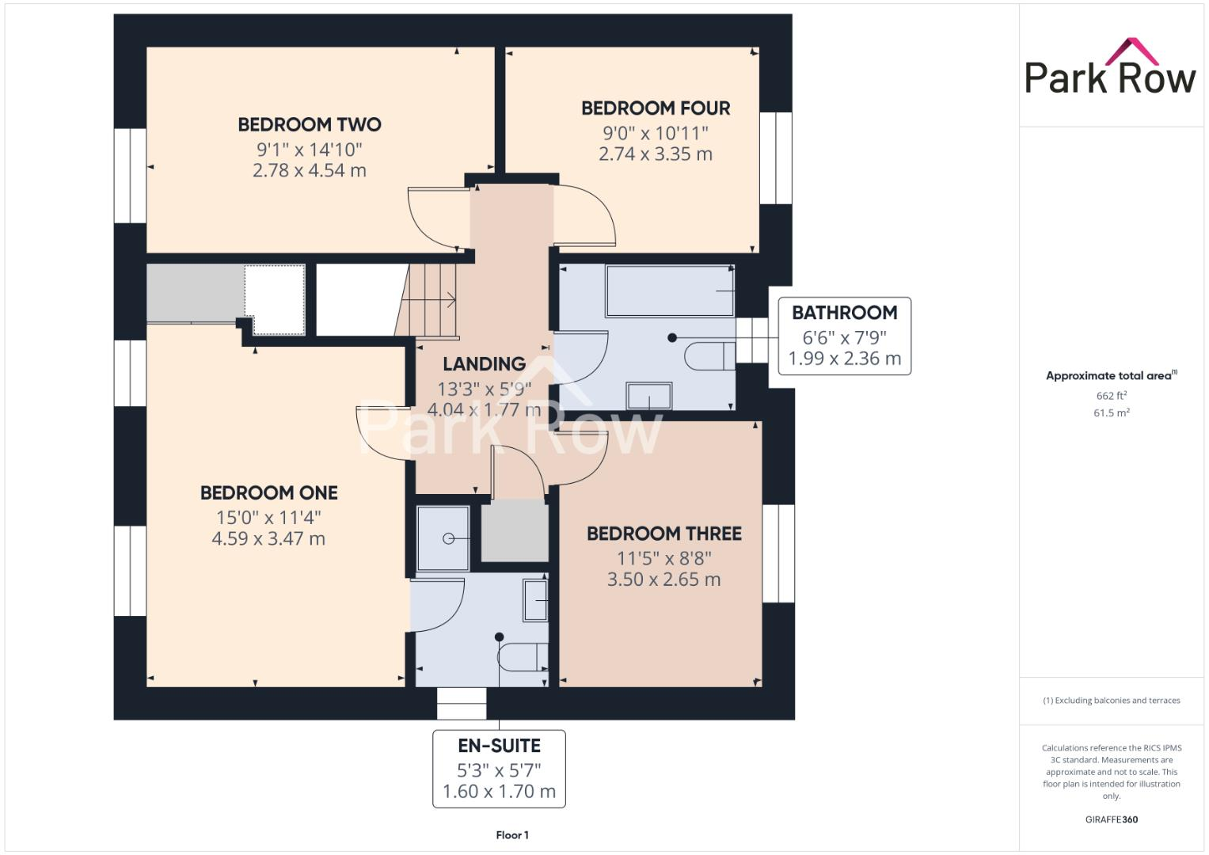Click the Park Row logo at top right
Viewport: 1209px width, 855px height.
click(1110, 67)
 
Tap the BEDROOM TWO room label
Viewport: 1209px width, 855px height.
click(309, 124)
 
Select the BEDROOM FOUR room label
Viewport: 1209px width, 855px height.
click(656, 108)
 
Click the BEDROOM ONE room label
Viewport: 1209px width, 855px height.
click(268, 493)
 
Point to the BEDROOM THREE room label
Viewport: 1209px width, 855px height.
click(663, 534)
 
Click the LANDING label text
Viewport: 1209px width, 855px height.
click(484, 364)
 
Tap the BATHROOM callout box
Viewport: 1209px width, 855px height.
click(844, 336)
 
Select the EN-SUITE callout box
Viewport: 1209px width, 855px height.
click(499, 768)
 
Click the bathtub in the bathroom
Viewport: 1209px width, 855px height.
click(670, 291)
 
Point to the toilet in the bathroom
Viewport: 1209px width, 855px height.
click(709, 356)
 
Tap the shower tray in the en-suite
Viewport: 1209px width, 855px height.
click(443, 538)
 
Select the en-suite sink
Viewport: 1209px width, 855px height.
click(535, 600)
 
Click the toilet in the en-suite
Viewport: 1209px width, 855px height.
click(524, 657)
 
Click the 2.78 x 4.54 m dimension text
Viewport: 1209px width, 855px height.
click(309, 170)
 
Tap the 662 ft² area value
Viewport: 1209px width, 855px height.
click(1111, 396)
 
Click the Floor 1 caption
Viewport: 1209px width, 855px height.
click(512, 835)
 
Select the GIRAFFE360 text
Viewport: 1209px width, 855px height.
click(1111, 819)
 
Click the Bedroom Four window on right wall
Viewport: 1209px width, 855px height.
click(776, 158)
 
